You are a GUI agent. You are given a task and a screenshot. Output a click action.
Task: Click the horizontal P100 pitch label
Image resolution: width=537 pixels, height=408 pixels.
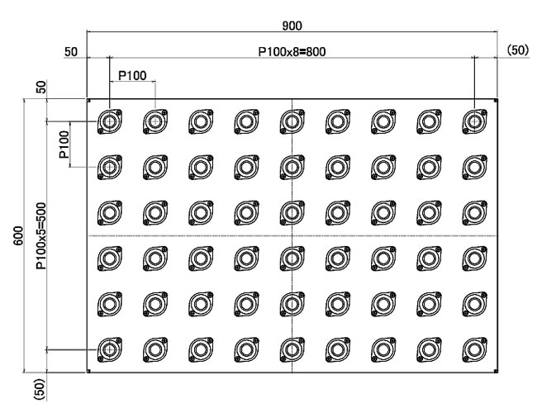coord(132,75)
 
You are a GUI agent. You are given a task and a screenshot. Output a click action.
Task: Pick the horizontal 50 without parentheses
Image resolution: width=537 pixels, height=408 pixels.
coord(70,51)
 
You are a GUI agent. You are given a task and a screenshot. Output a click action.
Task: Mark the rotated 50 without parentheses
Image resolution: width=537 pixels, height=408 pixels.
coord(40,88)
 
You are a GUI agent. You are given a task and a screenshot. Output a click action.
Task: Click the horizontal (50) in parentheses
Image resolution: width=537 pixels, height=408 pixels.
coord(516,51)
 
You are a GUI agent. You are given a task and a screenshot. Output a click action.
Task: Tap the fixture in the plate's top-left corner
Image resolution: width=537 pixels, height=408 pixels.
coord(109,122)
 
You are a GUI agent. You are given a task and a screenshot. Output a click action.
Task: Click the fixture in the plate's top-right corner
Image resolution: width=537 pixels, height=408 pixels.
coord(474,122)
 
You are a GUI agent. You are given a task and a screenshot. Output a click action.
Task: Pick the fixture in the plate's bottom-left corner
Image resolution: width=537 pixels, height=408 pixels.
coord(109,351)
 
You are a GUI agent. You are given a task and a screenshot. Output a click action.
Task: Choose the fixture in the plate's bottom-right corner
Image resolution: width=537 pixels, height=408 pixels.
coord(474,351)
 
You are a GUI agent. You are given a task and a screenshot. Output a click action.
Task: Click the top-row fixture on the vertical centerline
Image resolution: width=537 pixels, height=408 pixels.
coord(292,122)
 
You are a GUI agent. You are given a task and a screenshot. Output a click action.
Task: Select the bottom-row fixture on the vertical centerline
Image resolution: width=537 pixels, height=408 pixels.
coord(292,351)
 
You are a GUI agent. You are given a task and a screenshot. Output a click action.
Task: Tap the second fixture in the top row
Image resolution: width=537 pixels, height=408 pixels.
coord(154,122)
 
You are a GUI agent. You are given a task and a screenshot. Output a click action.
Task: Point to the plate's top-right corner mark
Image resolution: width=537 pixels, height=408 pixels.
coord(496,101)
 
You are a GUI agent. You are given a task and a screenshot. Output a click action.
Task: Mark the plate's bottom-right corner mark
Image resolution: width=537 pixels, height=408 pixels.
coord(496,372)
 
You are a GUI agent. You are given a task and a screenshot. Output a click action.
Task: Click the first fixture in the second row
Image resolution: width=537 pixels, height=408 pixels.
coord(109,168)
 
